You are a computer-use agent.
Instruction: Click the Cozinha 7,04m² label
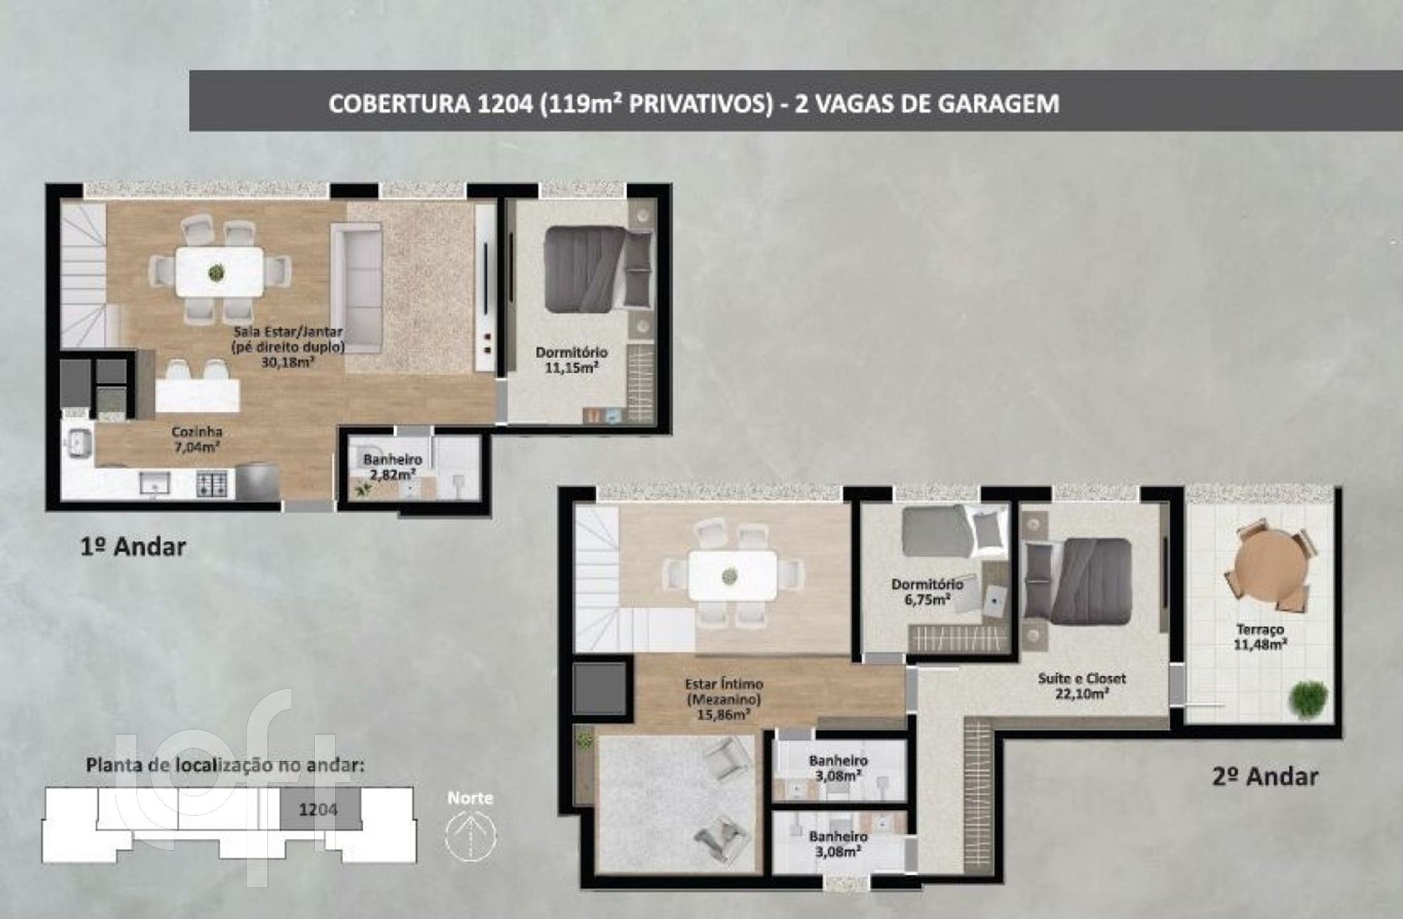[197, 439]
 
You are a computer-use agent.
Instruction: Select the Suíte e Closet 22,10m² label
[1081, 686]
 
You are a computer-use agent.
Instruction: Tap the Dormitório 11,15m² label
[571, 359]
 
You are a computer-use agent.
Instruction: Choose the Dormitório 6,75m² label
[927, 592]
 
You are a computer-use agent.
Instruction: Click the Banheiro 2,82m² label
[393, 467]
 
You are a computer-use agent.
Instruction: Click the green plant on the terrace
[1309, 699]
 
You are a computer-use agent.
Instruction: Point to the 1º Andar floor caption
[133, 547]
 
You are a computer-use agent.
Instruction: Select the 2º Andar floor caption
[1264, 776]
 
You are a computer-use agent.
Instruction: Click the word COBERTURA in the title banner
[398, 103]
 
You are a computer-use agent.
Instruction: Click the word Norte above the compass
[470, 798]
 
